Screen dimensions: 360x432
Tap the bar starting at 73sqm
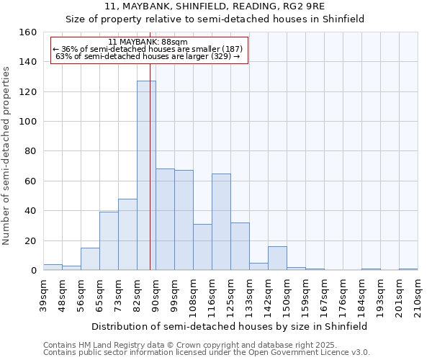(x=127, y=235)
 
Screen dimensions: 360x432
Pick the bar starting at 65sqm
(x=109, y=241)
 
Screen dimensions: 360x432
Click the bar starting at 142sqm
(x=277, y=258)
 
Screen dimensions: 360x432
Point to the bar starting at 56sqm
(x=90, y=259)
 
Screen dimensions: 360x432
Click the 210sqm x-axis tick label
(x=418, y=295)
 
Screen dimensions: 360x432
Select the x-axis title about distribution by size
(x=230, y=326)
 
